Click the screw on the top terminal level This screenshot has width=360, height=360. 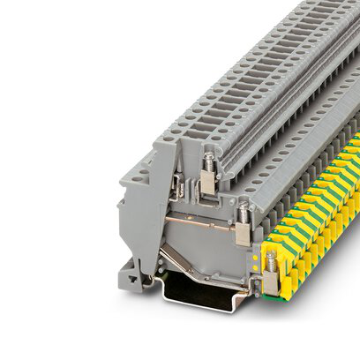(208, 161)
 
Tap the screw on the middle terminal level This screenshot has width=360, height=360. (242, 212)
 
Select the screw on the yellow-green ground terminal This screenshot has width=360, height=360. (270, 258)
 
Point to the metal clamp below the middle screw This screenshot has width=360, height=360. (240, 233)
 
